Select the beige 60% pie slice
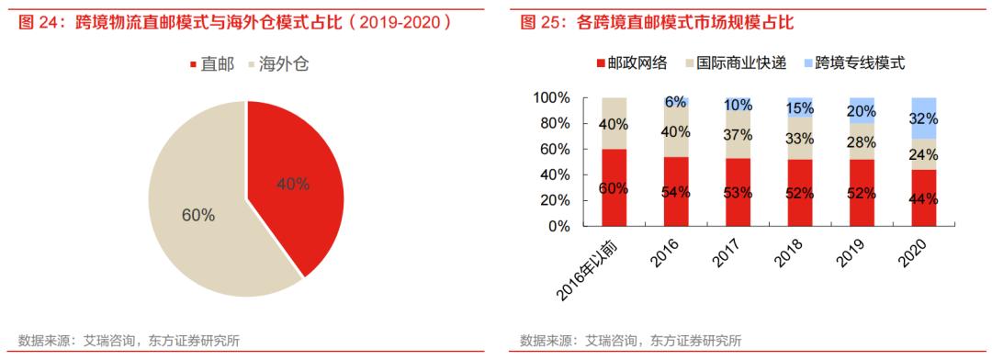click(197, 216)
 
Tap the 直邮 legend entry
click(212, 64)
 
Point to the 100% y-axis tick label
click(551, 98)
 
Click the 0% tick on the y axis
click(559, 225)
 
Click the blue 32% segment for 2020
click(922, 118)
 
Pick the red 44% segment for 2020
click(922, 197)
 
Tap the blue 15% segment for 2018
click(799, 107)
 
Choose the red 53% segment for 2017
click(738, 191)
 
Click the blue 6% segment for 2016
click(676, 102)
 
